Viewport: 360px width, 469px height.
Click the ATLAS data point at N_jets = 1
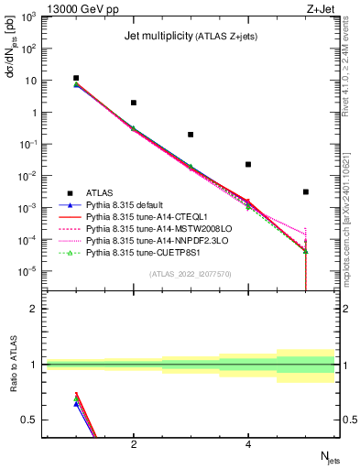pos(76,79)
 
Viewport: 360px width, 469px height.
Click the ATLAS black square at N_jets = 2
pos(134,103)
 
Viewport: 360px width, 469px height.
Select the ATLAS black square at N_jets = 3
pos(191,135)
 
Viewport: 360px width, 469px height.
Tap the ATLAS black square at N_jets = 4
pos(248,165)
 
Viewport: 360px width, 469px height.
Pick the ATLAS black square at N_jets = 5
pos(305,191)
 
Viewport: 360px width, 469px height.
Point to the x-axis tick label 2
pos(134,444)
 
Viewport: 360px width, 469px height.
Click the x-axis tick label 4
pos(248,444)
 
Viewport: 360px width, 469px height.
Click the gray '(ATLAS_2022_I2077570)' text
pos(191,273)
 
